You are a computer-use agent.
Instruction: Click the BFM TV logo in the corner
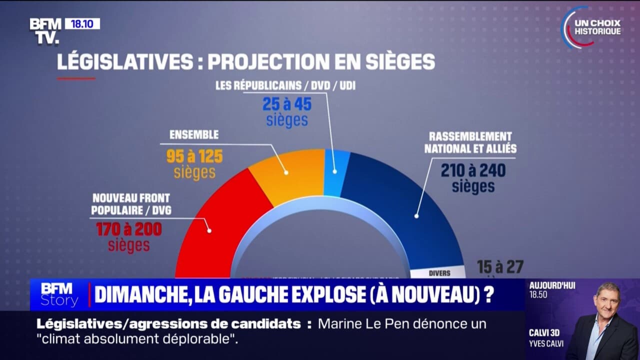point(45,31)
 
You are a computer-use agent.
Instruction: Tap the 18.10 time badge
point(82,23)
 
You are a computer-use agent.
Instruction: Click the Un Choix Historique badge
point(592,27)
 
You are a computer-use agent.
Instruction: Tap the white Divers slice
point(438,273)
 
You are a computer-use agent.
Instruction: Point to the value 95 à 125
point(195,156)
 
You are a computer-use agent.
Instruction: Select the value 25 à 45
point(287,104)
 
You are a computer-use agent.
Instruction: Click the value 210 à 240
point(473,170)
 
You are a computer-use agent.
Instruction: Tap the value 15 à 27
point(499,266)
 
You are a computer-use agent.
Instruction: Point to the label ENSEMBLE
point(194,135)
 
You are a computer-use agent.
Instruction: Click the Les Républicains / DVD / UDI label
point(285,86)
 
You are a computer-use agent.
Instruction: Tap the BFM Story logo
point(59,295)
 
